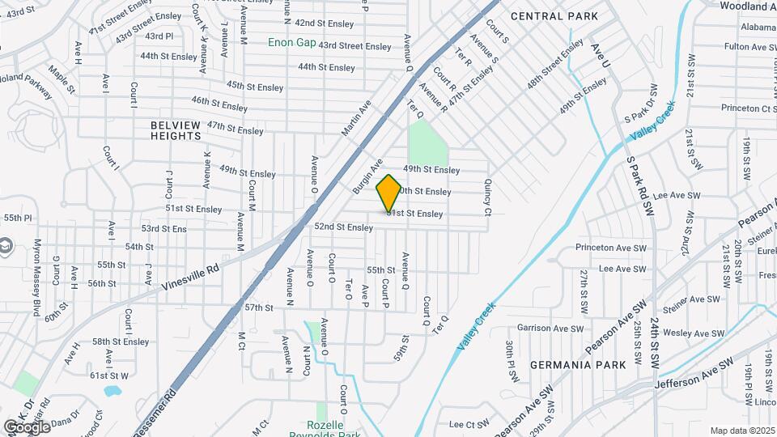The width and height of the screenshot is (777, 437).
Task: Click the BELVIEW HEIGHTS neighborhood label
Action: (x=176, y=130)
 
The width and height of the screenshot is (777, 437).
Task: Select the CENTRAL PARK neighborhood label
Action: (x=554, y=16)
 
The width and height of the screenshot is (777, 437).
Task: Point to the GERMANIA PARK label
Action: (x=578, y=365)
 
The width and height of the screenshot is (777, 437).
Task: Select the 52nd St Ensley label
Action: (x=343, y=227)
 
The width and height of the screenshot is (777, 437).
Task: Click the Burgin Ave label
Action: (x=367, y=176)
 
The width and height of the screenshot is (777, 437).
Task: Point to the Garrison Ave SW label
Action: (x=550, y=329)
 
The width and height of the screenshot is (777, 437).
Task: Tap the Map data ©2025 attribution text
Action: (x=741, y=431)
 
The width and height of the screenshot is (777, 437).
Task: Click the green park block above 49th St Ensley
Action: (x=428, y=142)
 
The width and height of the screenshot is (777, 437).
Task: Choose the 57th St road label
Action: (x=259, y=308)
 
